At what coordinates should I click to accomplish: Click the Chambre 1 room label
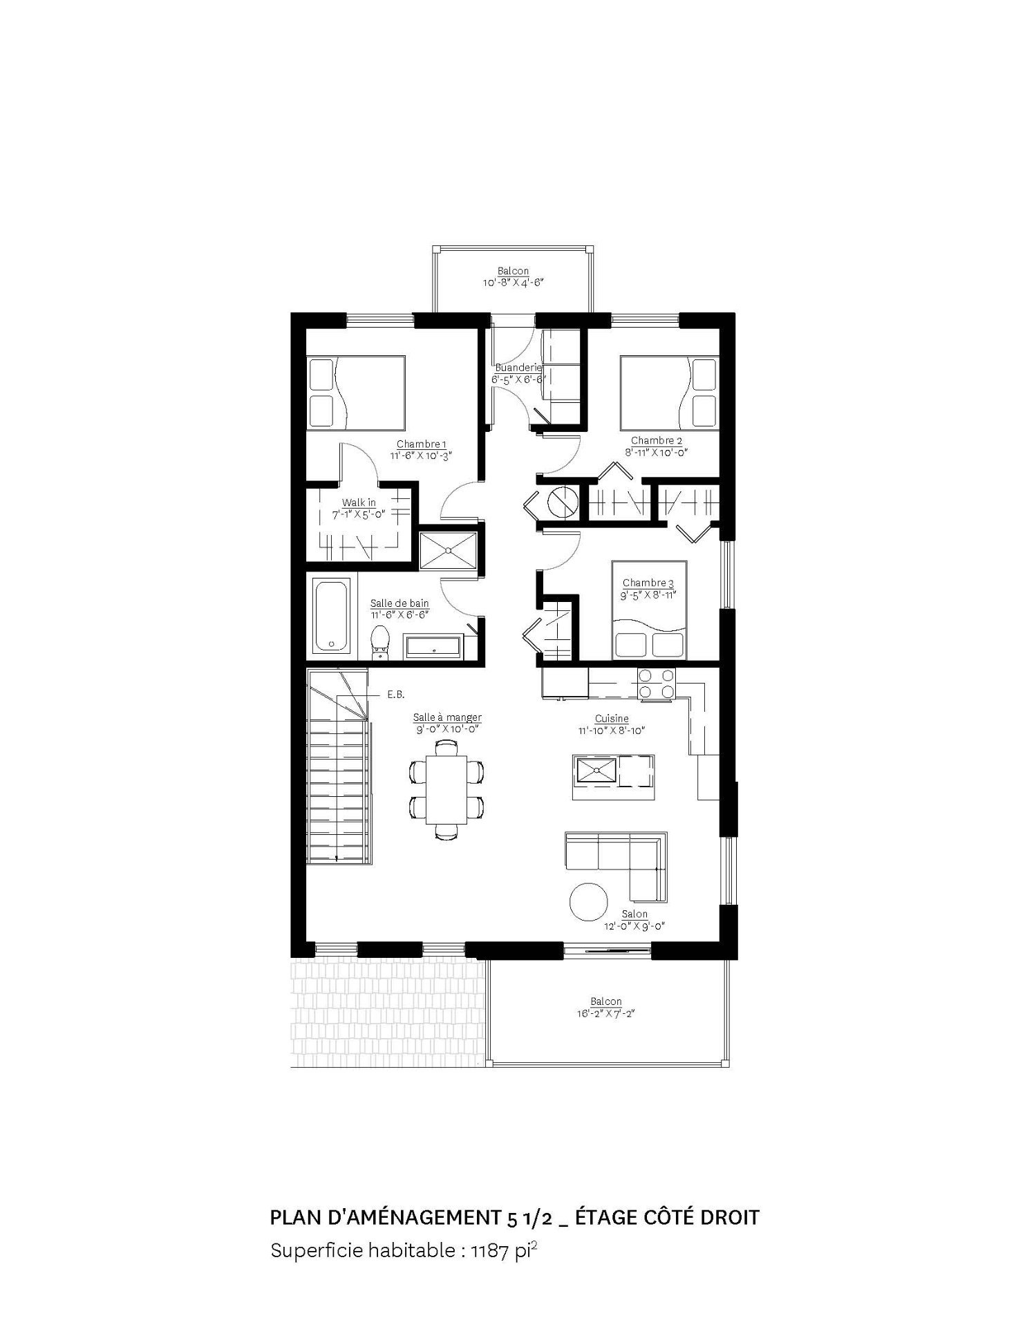pyautogui.click(x=422, y=444)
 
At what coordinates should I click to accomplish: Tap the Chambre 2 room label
pyautogui.click(x=657, y=441)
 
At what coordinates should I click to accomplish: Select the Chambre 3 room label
pyautogui.click(x=648, y=583)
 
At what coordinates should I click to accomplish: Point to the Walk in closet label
pyautogui.click(x=359, y=502)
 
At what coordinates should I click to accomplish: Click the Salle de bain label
pyautogui.click(x=399, y=603)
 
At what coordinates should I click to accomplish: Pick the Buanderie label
pyautogui.click(x=518, y=368)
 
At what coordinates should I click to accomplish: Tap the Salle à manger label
pyautogui.click(x=447, y=717)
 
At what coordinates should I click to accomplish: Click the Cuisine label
pyautogui.click(x=612, y=719)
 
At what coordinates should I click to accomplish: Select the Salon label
pyautogui.click(x=634, y=914)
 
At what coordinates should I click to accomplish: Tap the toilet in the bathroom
pyautogui.click(x=379, y=641)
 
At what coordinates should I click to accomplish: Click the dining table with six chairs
pyautogui.click(x=446, y=789)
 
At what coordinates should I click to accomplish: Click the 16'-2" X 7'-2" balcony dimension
pyautogui.click(x=606, y=1014)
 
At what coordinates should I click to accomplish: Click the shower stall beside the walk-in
pyautogui.click(x=449, y=550)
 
